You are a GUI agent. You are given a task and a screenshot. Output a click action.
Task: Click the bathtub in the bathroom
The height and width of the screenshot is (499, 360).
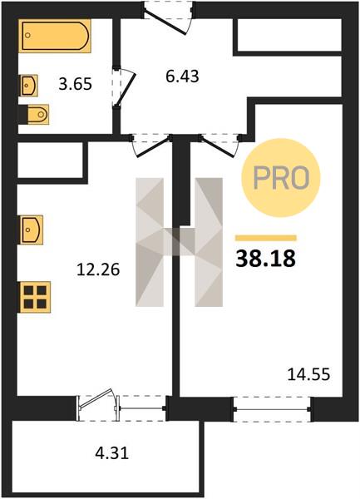coord(55,35)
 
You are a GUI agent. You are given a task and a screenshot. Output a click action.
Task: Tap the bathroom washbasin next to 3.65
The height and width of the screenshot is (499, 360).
coord(29,85)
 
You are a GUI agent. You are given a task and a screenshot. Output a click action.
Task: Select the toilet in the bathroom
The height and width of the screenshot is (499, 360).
coord(34,115)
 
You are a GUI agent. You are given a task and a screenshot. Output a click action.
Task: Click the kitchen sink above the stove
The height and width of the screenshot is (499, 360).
coord(32,230)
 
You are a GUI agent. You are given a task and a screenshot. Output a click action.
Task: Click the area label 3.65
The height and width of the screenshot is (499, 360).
coord(76,85)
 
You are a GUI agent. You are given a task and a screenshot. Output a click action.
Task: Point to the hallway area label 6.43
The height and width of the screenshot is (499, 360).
coord(182,77)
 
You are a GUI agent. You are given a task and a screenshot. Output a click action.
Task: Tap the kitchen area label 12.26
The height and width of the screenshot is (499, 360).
coord(98,269)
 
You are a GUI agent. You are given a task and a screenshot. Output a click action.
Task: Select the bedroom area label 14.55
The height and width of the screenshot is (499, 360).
coord(308,374)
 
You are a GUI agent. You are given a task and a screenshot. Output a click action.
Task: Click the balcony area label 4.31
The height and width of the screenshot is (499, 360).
coord(112,452)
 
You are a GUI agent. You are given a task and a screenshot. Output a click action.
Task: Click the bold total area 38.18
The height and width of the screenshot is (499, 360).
coord(266,259)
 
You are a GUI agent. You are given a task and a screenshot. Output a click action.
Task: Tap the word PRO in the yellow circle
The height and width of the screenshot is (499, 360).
coord(282,178)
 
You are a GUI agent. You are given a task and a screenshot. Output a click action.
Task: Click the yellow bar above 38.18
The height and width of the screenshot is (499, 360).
coord(266,238)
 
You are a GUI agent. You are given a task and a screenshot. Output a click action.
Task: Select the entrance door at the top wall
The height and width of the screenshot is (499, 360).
coord(168,17)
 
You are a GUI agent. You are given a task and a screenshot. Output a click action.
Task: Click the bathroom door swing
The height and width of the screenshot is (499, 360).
coord(124,86)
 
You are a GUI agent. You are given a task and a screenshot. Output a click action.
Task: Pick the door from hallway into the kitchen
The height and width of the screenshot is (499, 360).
coord(150,145)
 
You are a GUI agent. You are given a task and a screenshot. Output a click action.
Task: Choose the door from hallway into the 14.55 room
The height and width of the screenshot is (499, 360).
coord(219,145)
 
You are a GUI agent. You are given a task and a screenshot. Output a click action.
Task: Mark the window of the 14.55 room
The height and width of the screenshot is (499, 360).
coord(272,409)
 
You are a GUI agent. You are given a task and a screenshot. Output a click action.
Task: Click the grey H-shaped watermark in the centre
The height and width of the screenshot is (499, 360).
coord(179,242)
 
